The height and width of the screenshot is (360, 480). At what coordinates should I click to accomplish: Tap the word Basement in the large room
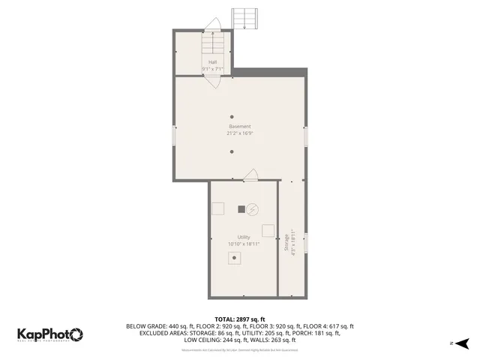[240, 126]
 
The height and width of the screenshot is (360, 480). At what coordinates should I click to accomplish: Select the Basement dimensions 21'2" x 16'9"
[240, 133]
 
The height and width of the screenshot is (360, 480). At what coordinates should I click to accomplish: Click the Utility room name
[244, 237]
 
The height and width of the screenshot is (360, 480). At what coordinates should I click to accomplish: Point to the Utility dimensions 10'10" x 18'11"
[244, 244]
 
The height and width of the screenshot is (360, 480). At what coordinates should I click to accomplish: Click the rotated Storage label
[286, 244]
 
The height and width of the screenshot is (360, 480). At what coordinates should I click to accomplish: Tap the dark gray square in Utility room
[241, 208]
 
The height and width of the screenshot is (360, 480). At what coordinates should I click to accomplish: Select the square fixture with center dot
[235, 258]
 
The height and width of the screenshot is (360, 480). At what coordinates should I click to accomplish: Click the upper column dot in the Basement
[232, 116]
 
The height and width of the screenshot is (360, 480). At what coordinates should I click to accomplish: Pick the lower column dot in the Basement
[232, 151]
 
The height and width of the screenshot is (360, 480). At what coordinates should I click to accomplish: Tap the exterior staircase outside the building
[245, 18]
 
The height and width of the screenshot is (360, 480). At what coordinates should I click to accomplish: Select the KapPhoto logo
[50, 334]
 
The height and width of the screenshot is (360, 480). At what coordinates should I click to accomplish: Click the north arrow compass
[462, 343]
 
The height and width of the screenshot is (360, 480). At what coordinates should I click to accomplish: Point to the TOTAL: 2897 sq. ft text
[240, 319]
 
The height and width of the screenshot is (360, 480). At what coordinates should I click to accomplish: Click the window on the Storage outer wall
[305, 244]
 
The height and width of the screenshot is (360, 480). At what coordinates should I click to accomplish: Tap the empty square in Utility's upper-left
[218, 209]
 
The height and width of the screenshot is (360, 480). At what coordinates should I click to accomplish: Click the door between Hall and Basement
[212, 81]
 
